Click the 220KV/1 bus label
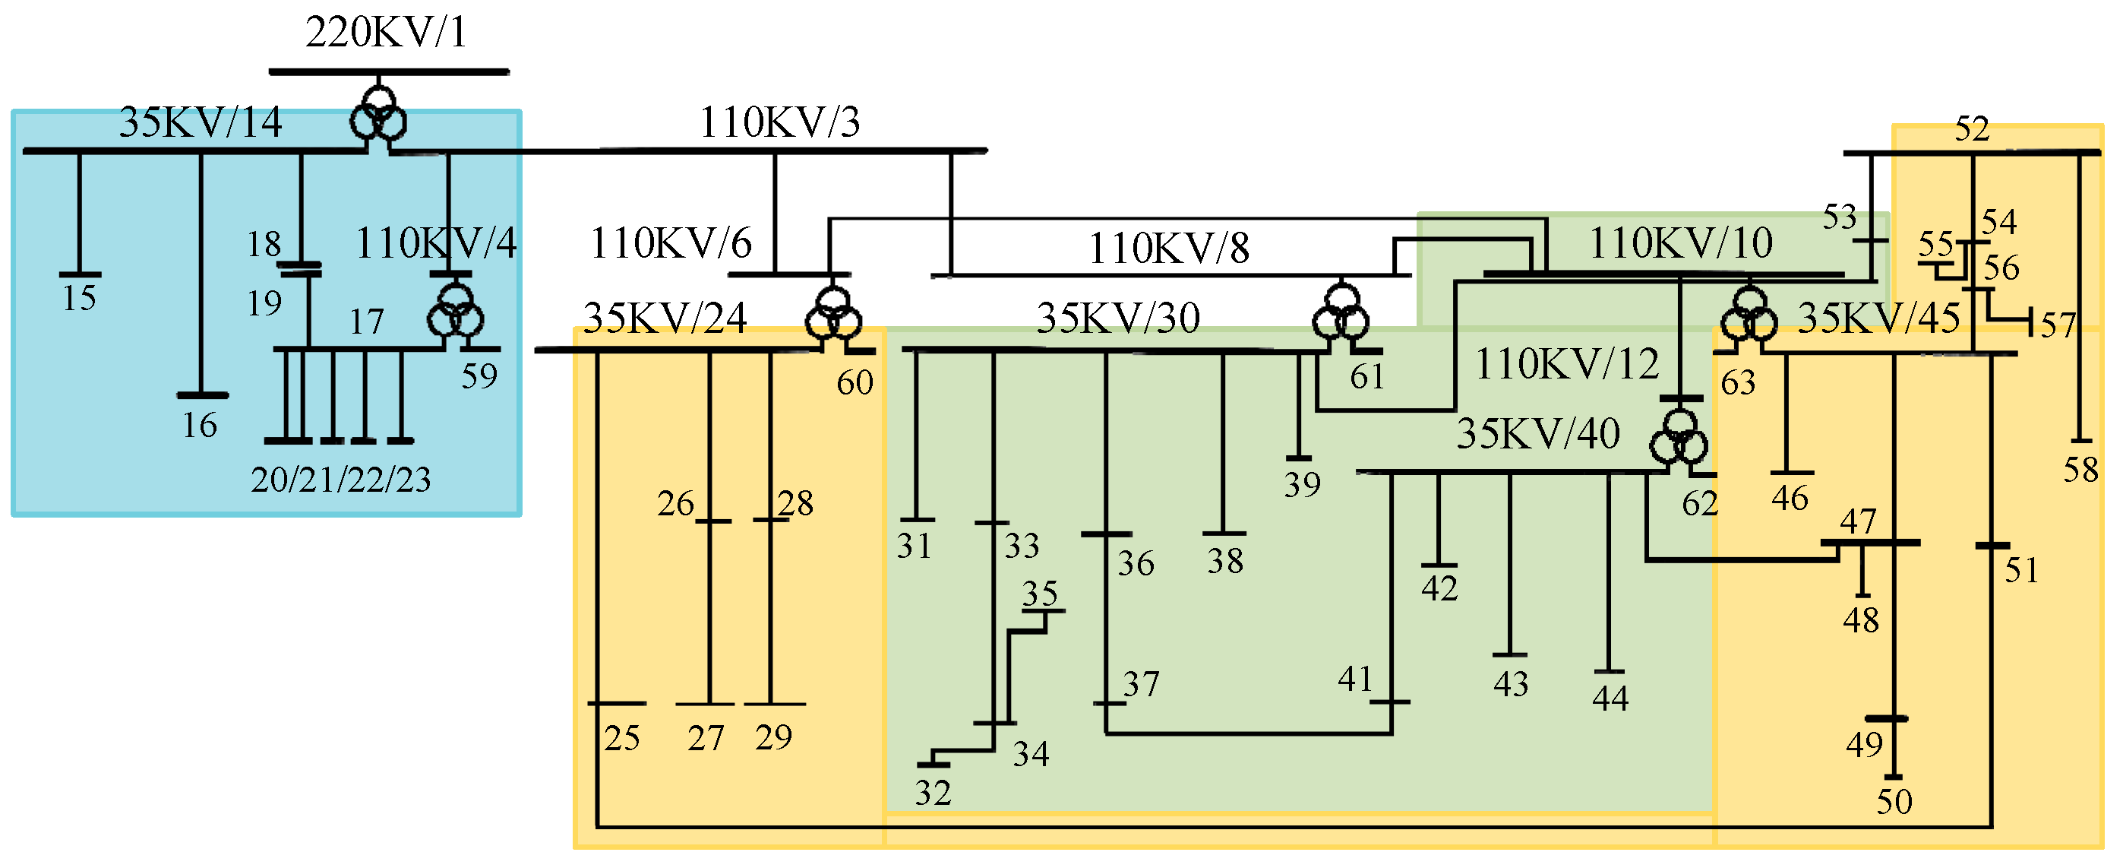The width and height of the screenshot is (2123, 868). click(x=386, y=33)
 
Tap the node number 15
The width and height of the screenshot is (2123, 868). click(x=79, y=299)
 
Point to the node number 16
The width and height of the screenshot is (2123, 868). click(x=200, y=426)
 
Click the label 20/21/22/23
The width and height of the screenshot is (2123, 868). click(x=340, y=480)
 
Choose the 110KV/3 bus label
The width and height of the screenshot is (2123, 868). click(x=779, y=123)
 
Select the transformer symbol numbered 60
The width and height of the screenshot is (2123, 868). click(x=833, y=315)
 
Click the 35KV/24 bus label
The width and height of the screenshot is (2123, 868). click(x=665, y=318)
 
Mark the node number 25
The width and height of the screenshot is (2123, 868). click(x=621, y=739)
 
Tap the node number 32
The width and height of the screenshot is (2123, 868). click(x=933, y=794)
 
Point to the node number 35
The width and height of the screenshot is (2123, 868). click(x=1039, y=594)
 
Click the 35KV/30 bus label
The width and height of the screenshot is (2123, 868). click(x=1117, y=318)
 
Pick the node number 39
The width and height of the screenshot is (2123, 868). click(x=1302, y=485)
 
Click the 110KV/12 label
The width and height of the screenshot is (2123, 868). click(x=1566, y=364)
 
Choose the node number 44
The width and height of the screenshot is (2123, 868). click(x=1610, y=699)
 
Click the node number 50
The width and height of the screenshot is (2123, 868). click(x=1894, y=802)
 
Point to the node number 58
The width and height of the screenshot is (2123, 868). click(x=2080, y=470)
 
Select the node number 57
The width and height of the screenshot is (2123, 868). click(x=2058, y=325)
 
